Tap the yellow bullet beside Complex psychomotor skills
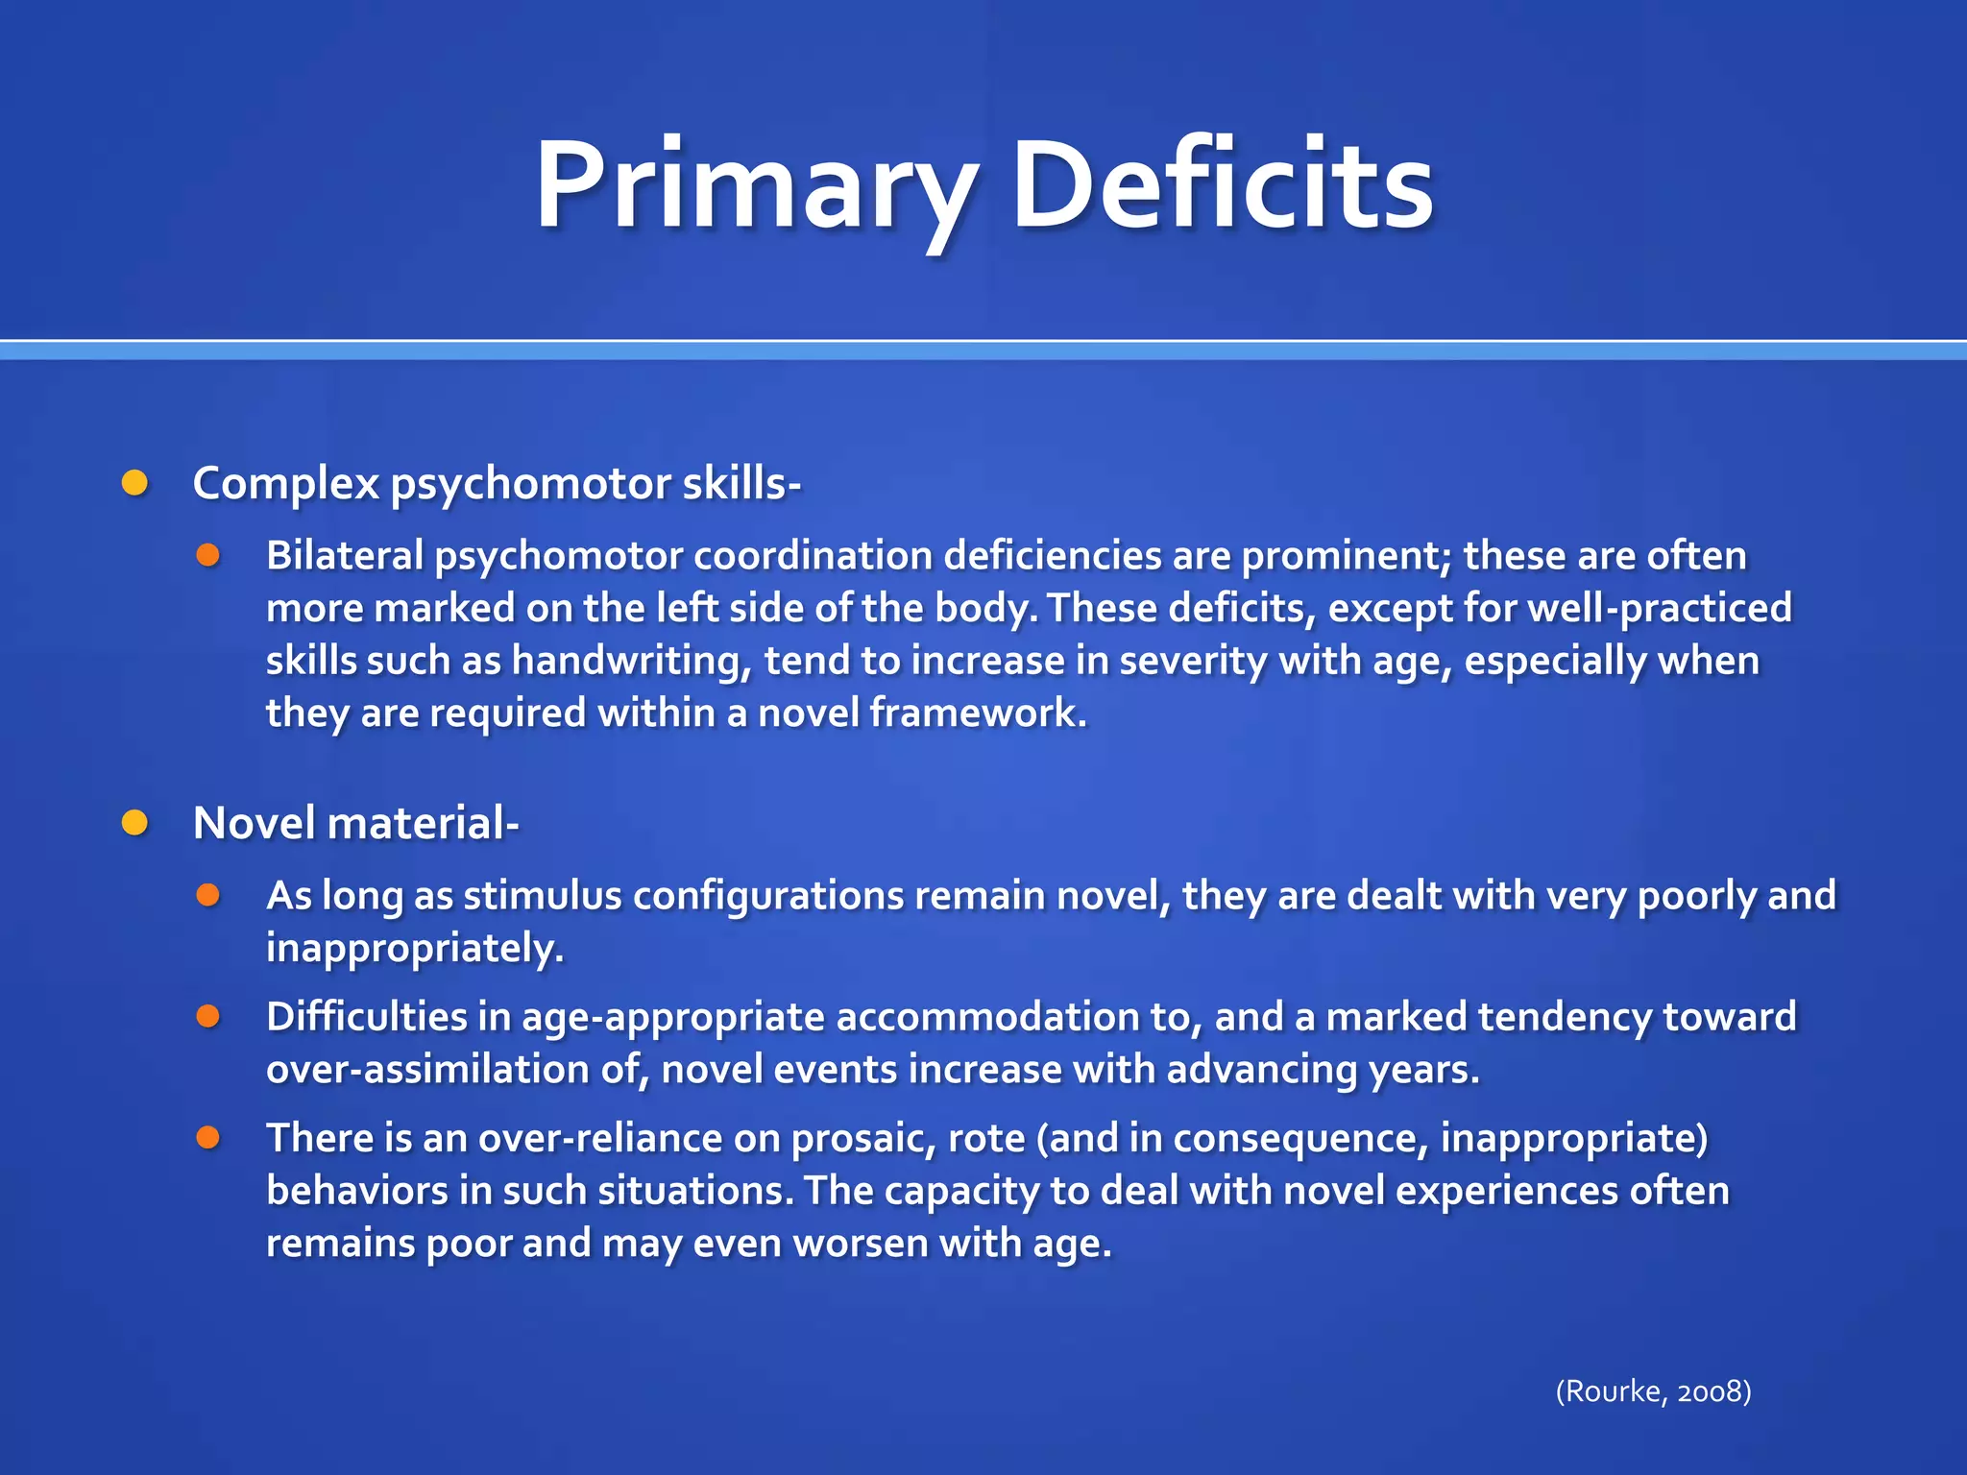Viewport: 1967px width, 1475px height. tap(135, 483)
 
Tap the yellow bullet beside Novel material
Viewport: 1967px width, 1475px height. tap(135, 823)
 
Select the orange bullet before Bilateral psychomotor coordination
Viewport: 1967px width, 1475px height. tap(208, 555)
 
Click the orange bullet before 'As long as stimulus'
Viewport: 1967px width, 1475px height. tap(208, 895)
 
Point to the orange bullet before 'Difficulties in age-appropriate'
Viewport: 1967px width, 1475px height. tap(208, 1016)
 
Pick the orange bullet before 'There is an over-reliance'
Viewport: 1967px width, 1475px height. tap(208, 1138)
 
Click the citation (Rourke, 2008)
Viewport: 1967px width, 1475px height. tap(1653, 1390)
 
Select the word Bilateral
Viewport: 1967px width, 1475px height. tap(345, 556)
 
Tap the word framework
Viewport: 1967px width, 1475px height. tap(978, 713)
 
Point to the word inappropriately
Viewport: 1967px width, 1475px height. tap(415, 949)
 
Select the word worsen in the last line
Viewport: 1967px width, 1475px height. tap(861, 1244)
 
